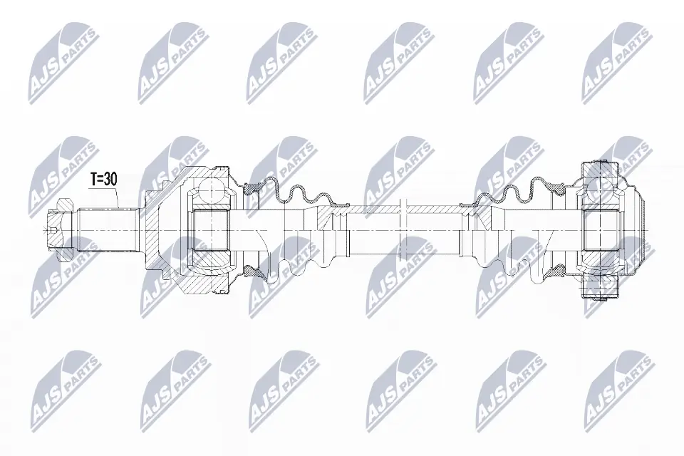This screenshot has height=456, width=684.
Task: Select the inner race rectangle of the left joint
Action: (x=211, y=232)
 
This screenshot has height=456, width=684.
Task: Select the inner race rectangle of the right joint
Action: (x=601, y=232)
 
